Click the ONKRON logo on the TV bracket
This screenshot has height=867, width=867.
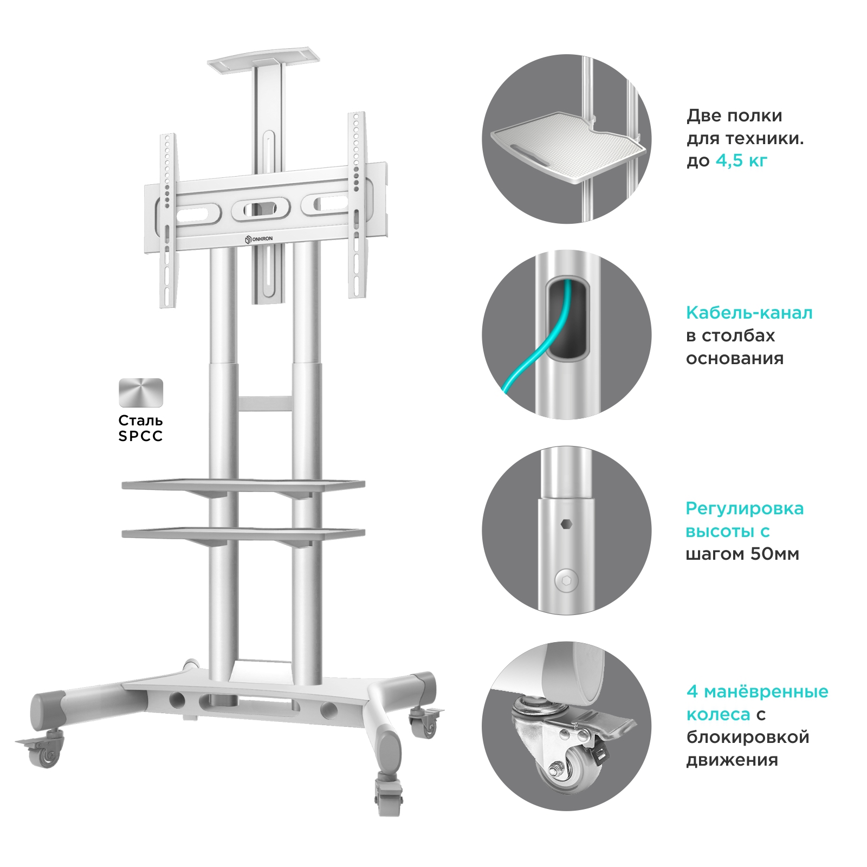[x=259, y=239]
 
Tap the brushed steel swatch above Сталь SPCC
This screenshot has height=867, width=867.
[x=141, y=393]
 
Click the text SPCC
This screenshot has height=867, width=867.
[x=141, y=436]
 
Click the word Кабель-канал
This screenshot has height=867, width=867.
[x=749, y=313]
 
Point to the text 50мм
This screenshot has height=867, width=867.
[x=774, y=554]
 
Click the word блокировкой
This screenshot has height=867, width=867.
[x=748, y=737]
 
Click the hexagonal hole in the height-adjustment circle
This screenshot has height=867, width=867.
[x=566, y=524]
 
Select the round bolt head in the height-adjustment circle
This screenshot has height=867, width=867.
[x=567, y=580]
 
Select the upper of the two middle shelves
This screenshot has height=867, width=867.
[x=243, y=484]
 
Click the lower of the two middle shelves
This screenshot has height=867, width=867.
[x=243, y=534]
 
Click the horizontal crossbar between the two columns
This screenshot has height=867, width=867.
[x=265, y=404]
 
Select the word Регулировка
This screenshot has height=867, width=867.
[x=745, y=508]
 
